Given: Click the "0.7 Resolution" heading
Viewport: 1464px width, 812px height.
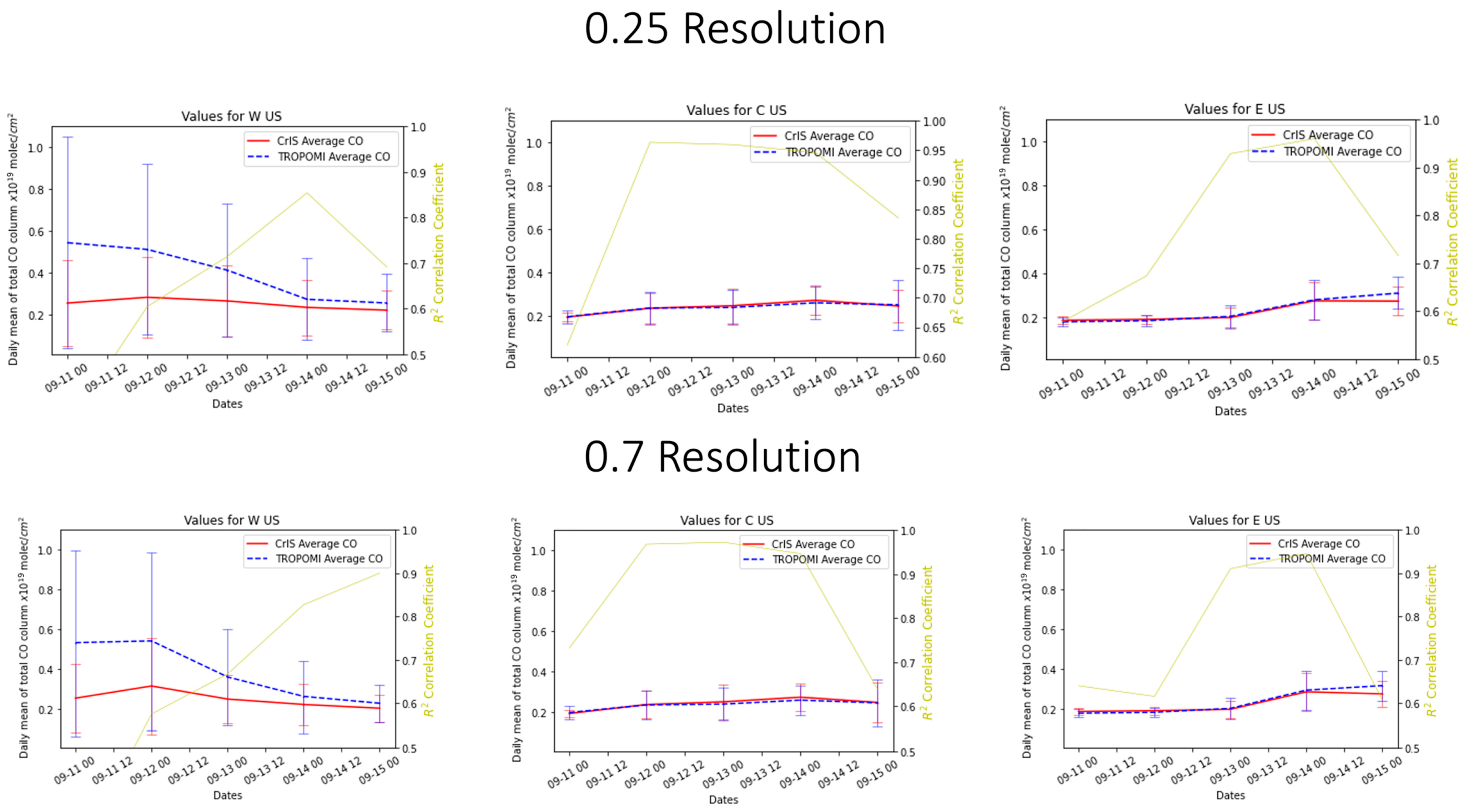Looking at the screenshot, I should [x=722, y=457].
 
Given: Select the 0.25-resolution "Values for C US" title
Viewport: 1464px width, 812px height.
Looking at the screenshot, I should [x=736, y=110].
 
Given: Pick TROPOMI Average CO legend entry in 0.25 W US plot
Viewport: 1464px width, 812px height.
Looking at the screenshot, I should [x=333, y=157].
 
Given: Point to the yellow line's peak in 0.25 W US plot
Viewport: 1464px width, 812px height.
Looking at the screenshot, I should [x=307, y=193].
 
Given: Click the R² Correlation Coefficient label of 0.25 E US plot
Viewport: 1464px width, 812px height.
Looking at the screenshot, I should [x=1453, y=242].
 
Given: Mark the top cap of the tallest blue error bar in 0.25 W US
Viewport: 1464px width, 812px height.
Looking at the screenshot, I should [x=67, y=137].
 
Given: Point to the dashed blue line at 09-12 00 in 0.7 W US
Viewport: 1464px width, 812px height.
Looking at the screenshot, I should [x=151, y=641].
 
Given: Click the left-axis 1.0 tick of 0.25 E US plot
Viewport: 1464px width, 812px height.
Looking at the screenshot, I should [x=1029, y=142].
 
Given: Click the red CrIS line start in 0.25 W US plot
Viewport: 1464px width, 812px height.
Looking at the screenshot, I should [x=67, y=303].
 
